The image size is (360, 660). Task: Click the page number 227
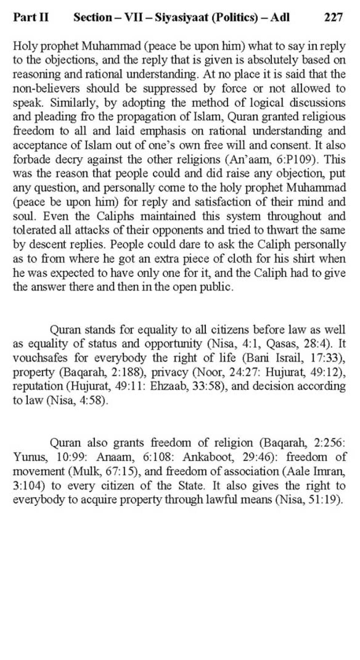click(x=333, y=17)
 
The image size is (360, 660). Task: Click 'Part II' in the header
click(x=31, y=17)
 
